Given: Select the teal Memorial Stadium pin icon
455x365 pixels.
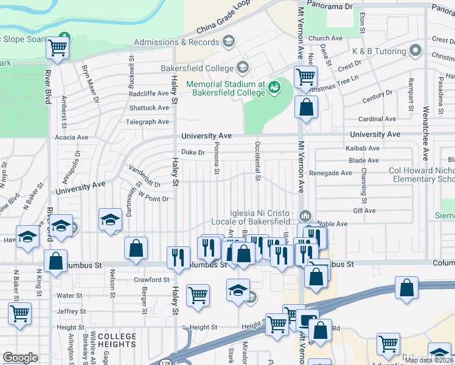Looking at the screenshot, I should click(275, 86).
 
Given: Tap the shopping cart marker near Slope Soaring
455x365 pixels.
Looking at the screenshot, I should click(57, 47).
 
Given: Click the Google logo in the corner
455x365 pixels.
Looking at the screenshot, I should click(20, 358).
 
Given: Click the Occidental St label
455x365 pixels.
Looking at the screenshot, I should click(258, 161).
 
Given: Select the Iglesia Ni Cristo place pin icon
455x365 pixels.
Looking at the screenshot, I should click(305, 215).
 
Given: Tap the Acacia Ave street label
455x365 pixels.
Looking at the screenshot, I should click(71, 137).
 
